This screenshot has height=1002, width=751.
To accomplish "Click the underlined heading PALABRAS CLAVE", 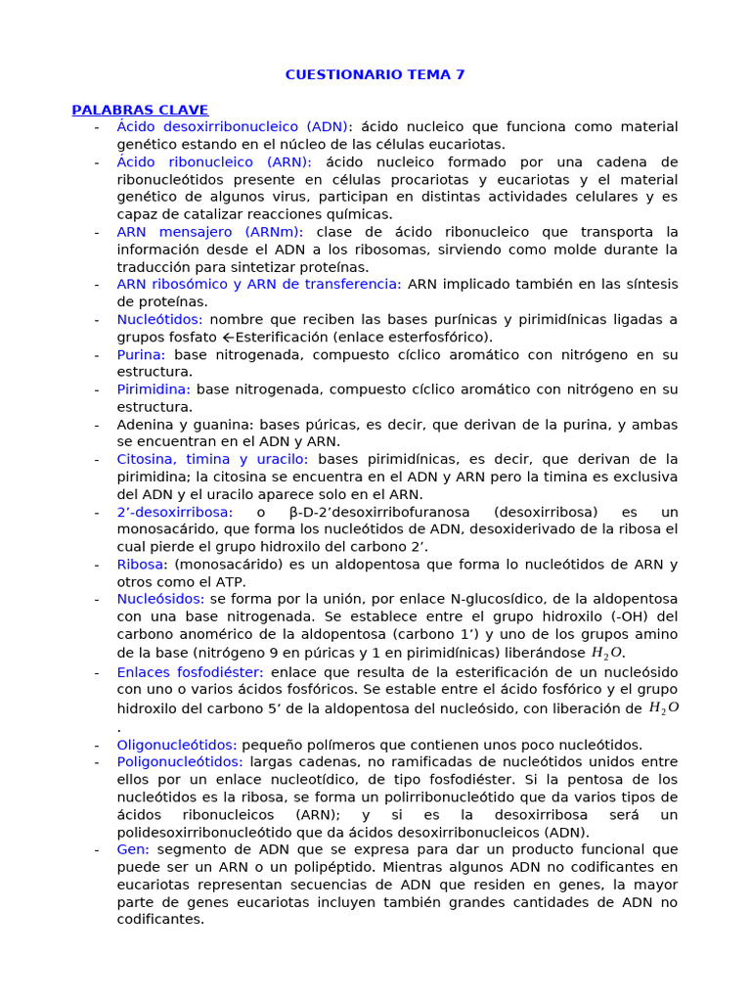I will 140,110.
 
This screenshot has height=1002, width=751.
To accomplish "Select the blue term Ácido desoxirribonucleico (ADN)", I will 232,127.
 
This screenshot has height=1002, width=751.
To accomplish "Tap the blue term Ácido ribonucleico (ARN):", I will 214,162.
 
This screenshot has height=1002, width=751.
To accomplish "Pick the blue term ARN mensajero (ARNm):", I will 209,232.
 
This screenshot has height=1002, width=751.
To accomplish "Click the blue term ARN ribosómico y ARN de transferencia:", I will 258,285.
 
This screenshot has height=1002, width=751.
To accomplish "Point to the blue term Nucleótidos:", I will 159,320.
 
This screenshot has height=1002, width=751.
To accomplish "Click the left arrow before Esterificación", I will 228,338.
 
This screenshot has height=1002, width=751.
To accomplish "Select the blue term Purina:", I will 141,355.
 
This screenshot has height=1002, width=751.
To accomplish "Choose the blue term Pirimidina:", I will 152,389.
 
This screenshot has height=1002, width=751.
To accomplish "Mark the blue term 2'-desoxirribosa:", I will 174,512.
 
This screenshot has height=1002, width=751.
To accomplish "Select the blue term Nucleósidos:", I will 160,599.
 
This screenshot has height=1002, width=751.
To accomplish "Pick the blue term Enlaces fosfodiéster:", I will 190,672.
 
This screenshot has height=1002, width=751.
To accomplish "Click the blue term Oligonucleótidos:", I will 177,745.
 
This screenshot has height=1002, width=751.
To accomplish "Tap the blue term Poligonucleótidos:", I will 179,761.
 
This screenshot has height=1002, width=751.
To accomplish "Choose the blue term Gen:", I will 133,849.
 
